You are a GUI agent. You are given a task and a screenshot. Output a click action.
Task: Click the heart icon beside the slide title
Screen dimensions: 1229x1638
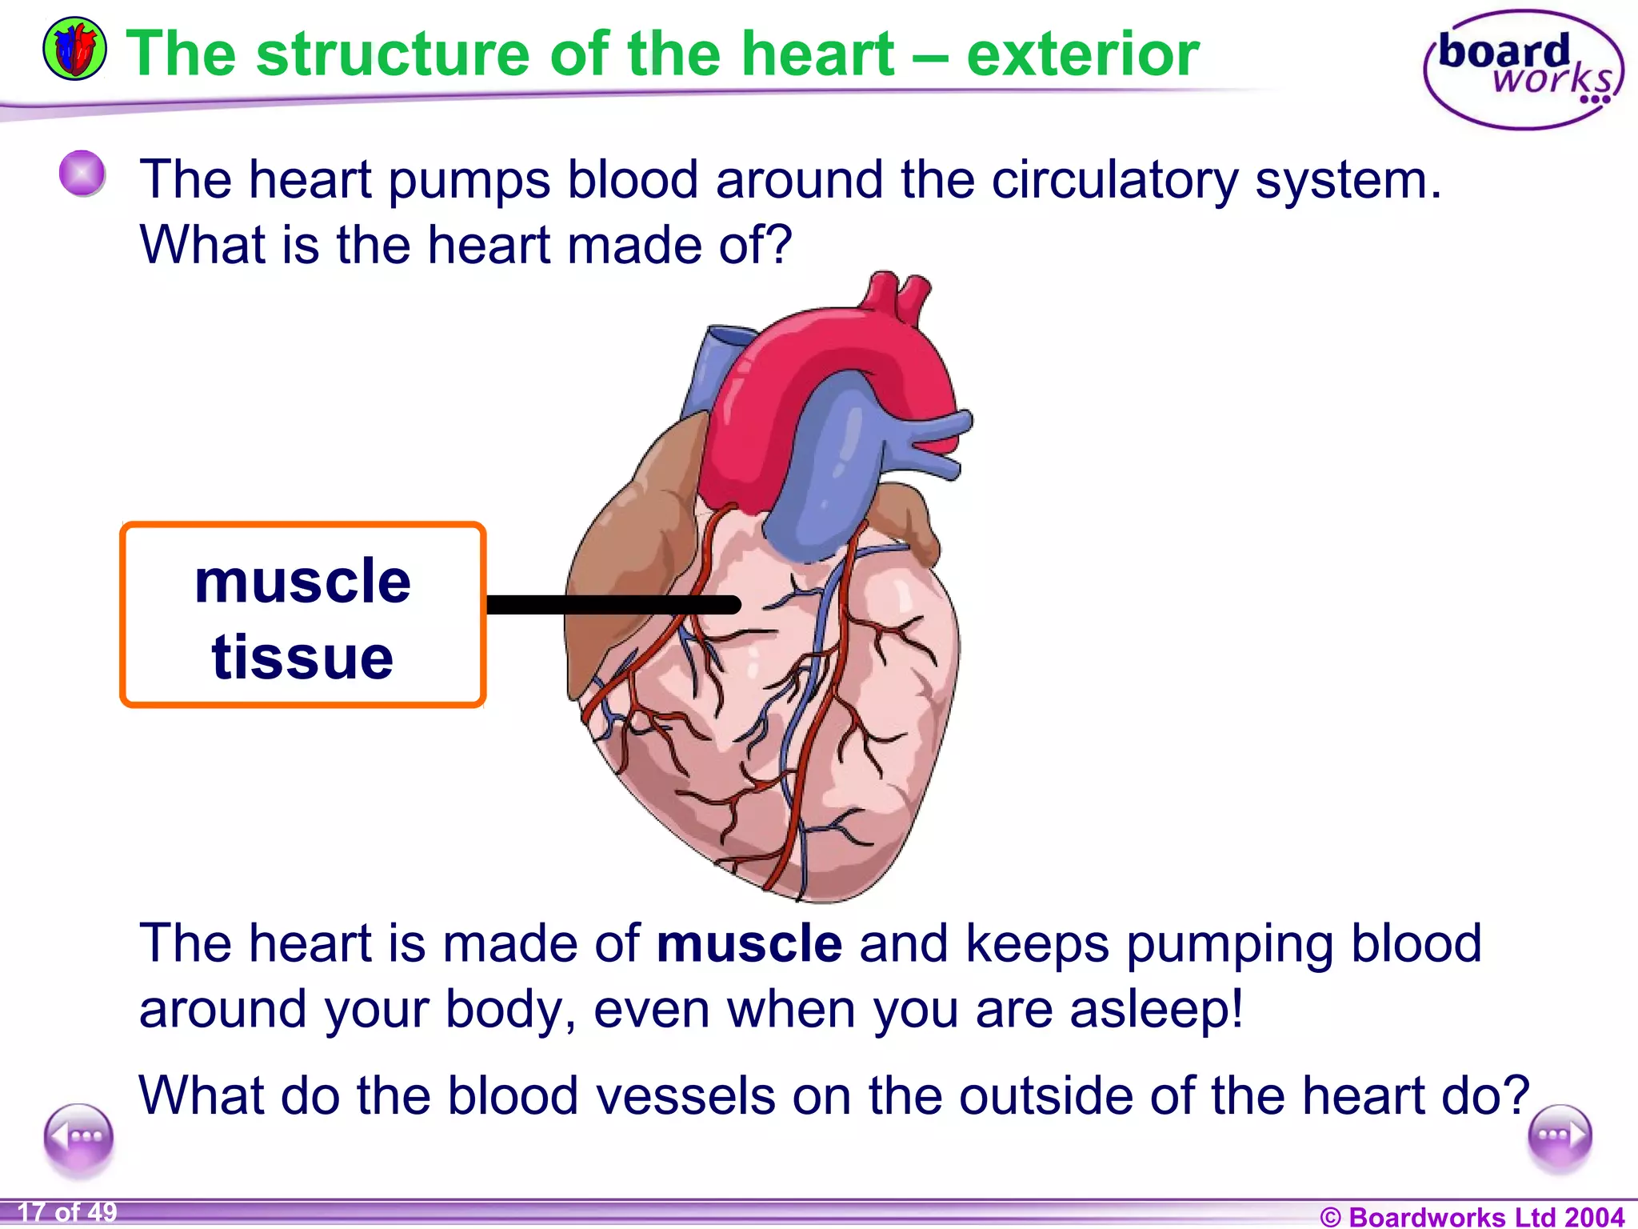pos(74,50)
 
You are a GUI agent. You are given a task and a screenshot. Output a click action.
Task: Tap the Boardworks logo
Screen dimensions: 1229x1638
pos(1524,70)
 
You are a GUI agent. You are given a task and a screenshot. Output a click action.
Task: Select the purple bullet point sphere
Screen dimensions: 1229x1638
pos(82,173)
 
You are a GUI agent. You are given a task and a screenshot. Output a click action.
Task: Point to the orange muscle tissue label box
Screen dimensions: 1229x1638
pos(302,614)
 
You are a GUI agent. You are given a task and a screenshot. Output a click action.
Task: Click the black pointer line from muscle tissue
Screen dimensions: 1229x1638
pos(613,605)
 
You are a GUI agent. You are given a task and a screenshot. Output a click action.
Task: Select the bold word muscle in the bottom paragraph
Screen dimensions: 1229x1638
pos(749,943)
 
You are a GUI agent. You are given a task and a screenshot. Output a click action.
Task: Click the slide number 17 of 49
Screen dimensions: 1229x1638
pos(67,1212)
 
